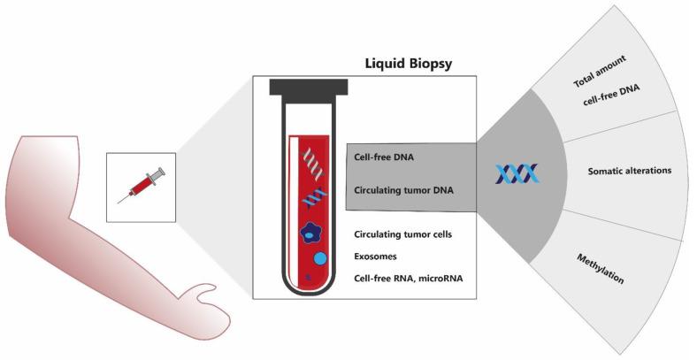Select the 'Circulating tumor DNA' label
399,188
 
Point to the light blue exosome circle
321,258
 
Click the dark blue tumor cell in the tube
310,233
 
